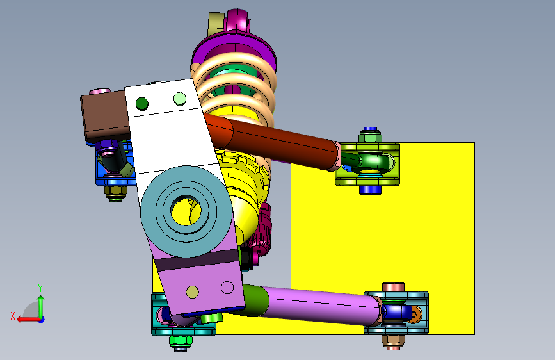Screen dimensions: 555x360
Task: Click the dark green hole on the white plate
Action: click(x=142, y=104)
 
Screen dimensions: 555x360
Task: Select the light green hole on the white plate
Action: click(x=180, y=99)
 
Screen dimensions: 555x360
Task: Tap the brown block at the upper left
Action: click(x=105, y=116)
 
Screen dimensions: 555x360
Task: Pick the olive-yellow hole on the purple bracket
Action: click(x=192, y=292)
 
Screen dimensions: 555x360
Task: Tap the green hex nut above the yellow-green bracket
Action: click(x=370, y=137)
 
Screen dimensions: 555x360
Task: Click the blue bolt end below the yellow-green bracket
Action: click(x=370, y=190)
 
